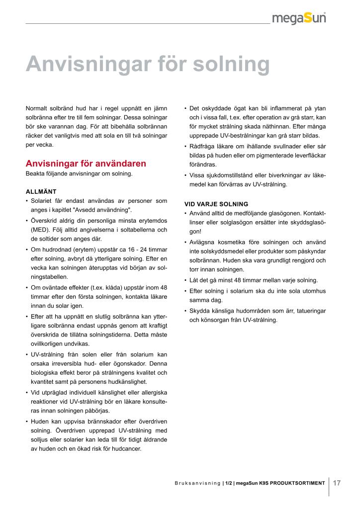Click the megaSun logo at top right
coord(299,18)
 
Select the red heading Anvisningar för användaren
coord(86,164)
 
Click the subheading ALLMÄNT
coord(41,191)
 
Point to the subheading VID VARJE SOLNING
coord(216,204)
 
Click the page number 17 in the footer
coord(337,483)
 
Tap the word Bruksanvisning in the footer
coord(197,483)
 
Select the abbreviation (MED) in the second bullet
coord(39,230)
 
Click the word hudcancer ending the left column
coord(127,449)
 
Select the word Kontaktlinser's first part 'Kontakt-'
coord(314,213)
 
